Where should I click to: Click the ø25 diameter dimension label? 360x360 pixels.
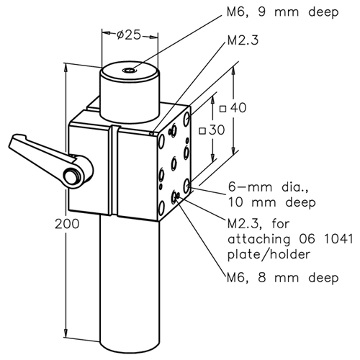click(129, 35)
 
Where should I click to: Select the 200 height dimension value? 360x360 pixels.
click(67, 224)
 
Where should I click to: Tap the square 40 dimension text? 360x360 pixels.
click(233, 108)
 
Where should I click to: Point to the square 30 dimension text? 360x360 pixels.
click(212, 130)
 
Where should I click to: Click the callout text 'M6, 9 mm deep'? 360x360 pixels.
click(282, 12)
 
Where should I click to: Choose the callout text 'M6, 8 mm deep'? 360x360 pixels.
click(282, 278)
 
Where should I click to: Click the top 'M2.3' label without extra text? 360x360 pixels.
click(243, 40)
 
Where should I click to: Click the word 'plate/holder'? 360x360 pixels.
click(269, 255)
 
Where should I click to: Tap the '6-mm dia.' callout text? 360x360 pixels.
click(268, 187)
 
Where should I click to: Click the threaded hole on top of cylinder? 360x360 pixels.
click(130, 71)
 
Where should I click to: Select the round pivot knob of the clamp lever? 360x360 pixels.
click(72, 176)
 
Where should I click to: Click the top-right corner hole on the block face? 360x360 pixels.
click(187, 119)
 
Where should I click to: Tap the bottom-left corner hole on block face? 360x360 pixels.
click(161, 207)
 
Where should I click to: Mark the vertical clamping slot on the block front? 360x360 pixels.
click(114, 170)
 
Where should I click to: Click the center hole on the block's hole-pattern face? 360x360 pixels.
click(174, 164)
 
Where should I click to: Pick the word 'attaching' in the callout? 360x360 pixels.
click(259, 240)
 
